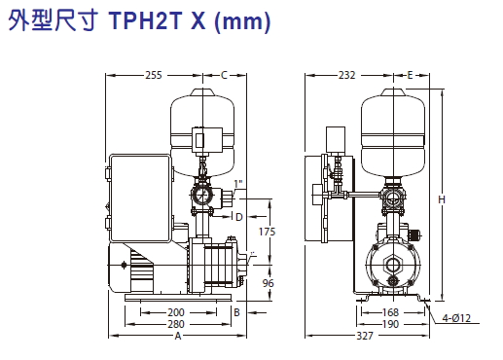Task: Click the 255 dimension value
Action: pyautogui.click(x=154, y=75)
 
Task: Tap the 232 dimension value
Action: pyautogui.click(x=347, y=75)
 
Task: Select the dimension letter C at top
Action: pyautogui.click(x=224, y=75)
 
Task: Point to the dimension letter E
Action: pyautogui.click(x=410, y=75)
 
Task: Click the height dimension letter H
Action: pyautogui.click(x=442, y=199)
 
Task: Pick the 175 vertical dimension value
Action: pyautogui.click(x=267, y=232)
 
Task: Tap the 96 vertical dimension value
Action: pyautogui.click(x=268, y=283)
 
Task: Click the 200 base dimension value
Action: pyautogui.click(x=176, y=312)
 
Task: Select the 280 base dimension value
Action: pyautogui.click(x=176, y=324)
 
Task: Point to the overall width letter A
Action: pyautogui.click(x=178, y=336)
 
